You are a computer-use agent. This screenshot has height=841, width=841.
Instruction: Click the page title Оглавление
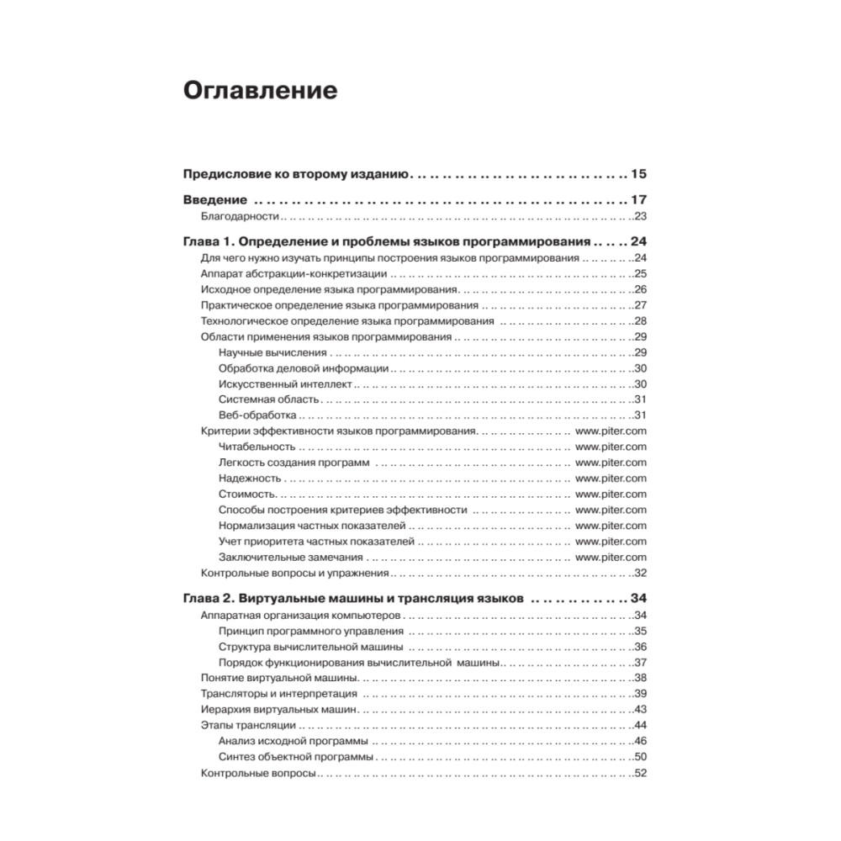pos(260,91)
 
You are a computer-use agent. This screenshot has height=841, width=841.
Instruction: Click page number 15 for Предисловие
pos(638,176)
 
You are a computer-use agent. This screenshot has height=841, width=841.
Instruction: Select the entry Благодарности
pos(240,216)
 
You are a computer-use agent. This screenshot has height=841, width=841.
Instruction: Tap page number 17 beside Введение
pos(638,201)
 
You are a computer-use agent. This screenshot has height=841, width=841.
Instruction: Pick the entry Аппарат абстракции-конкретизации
pos(294,273)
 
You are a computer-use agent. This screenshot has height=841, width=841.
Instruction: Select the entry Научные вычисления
pos(272,352)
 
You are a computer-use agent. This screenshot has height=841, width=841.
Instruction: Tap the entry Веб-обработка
pos(257,415)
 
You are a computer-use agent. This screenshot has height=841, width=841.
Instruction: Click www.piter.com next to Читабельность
pos(611,447)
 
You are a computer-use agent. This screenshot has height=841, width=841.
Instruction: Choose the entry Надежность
pos(249,478)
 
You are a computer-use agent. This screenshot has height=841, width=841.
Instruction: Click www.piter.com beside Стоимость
pos(611,494)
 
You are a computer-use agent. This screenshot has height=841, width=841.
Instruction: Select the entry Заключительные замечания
pos(290,557)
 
